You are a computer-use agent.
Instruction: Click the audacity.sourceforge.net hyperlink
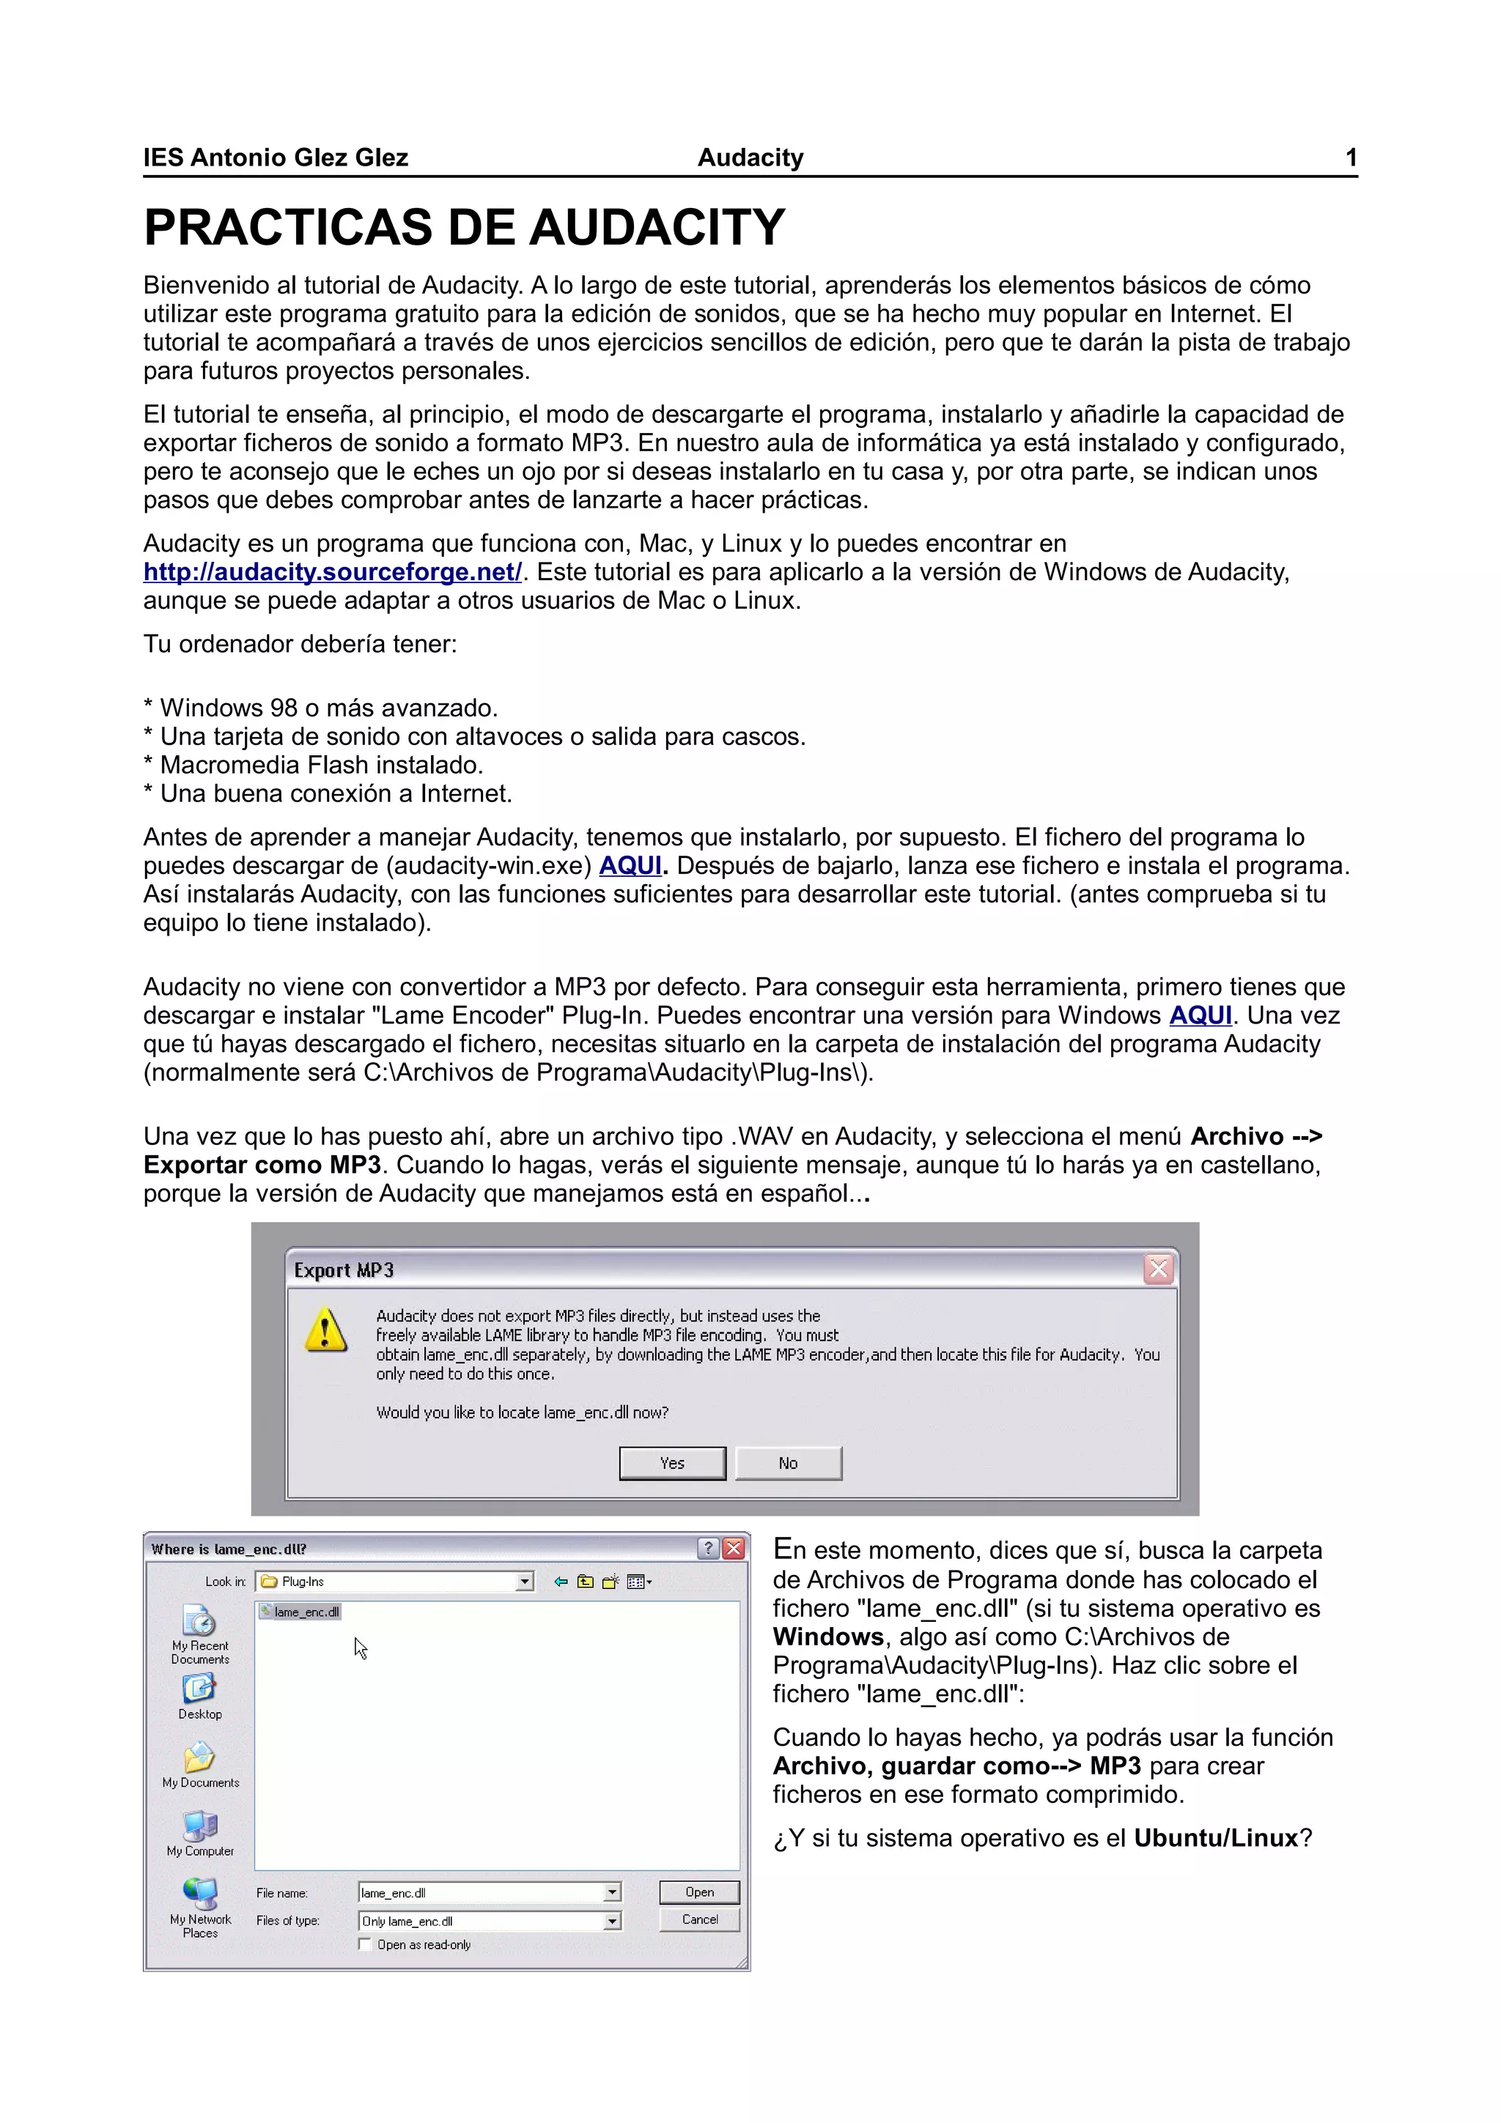332,572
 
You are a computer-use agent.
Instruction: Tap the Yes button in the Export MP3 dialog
672,1463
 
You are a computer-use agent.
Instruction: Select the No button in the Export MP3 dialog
788,1463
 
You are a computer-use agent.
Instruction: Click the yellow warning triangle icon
325,1330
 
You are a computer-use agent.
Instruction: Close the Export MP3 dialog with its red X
1158,1269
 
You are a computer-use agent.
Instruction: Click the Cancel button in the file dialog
699,1919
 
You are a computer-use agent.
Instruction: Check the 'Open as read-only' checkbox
365,1944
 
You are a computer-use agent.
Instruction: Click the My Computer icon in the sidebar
200,1826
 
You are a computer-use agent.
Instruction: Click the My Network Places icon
200,1894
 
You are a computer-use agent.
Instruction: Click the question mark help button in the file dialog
709,1549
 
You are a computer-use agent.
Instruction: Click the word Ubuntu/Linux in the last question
1216,1838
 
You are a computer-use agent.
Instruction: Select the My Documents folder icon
200,1757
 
